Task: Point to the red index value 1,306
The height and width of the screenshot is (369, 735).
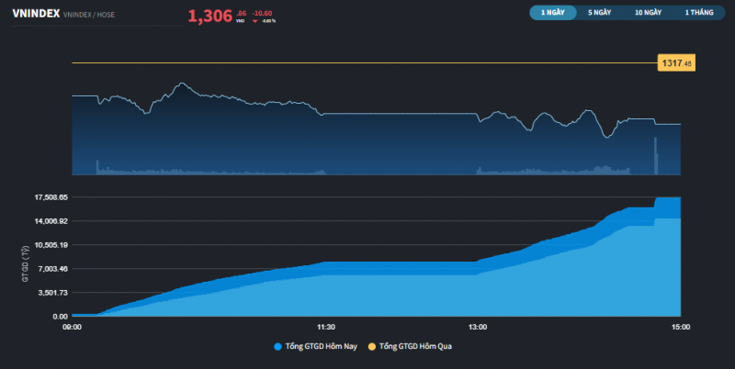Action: (x=210, y=16)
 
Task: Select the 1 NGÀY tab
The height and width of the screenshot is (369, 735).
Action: (x=552, y=13)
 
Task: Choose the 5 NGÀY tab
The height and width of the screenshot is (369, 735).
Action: (x=599, y=13)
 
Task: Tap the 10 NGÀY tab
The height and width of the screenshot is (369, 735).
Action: (x=648, y=13)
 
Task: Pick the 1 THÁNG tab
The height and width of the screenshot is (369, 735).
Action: (x=698, y=13)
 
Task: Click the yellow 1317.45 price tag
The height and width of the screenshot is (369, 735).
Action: (x=675, y=63)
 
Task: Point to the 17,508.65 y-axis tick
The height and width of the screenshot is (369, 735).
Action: (x=47, y=197)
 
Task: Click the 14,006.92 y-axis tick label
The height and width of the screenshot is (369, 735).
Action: (x=47, y=221)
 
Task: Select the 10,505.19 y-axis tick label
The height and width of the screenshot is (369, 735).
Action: (x=47, y=245)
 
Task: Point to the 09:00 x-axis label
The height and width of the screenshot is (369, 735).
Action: (x=72, y=327)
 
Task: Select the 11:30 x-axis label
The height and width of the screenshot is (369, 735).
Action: (x=325, y=327)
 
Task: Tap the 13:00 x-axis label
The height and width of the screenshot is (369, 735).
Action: (x=478, y=327)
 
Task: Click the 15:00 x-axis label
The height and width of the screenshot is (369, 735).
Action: (x=681, y=327)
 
